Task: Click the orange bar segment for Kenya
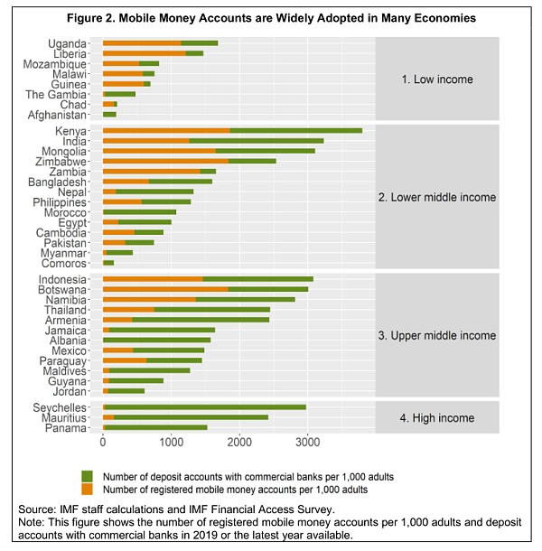[166, 130]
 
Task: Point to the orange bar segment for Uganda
[142, 43]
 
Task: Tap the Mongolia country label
[62, 151]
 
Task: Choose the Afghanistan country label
[56, 115]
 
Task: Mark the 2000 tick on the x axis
[239, 443]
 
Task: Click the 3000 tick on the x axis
[307, 443]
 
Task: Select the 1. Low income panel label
[437, 79]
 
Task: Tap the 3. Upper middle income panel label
[437, 335]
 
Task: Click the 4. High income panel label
[437, 417]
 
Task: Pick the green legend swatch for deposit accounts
[87, 475]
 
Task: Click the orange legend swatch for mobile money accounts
[87, 489]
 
